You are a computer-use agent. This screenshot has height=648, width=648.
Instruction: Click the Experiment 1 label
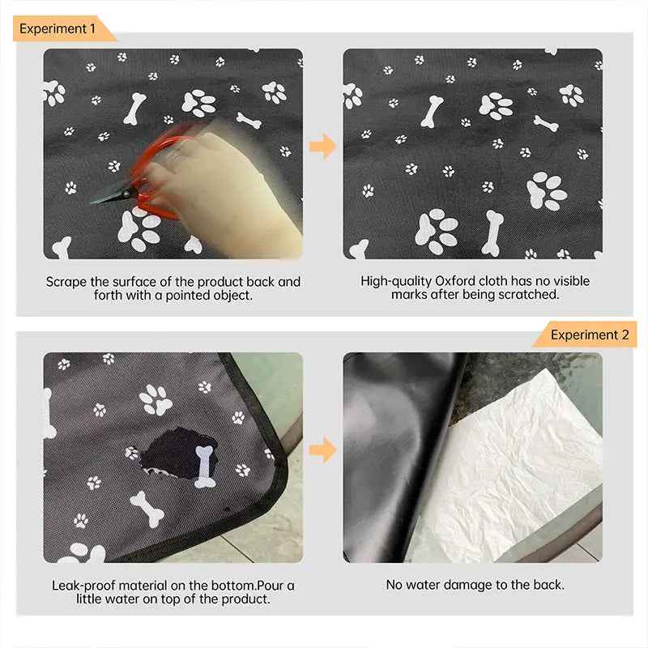[58, 29]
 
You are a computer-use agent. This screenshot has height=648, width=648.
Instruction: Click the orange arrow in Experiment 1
[322, 147]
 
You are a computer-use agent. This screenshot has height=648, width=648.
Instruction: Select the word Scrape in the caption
[66, 282]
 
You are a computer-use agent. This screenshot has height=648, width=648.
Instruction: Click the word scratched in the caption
[531, 295]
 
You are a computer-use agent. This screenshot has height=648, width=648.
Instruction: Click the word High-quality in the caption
[396, 281]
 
